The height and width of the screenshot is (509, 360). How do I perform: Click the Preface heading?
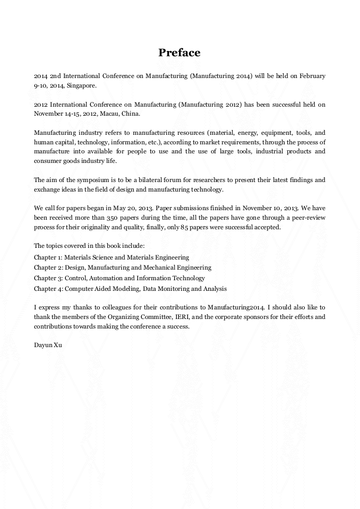pyautogui.click(x=179, y=53)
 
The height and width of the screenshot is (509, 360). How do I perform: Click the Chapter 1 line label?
pyautogui.click(x=48, y=257)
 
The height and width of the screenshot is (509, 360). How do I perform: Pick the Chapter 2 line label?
pyautogui.click(x=48, y=268)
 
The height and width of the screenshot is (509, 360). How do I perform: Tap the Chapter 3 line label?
pyautogui.click(x=48, y=278)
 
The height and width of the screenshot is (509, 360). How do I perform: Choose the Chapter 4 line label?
pyautogui.click(x=48, y=289)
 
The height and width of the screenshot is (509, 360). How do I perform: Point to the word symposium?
pyautogui.click(x=83, y=180)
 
